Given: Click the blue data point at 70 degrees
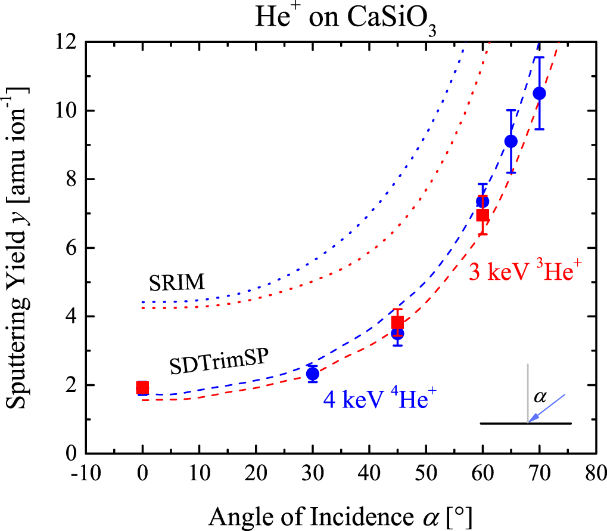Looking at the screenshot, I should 540,93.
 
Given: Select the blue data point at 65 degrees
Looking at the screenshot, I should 511,141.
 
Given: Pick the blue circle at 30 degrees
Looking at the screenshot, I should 313,374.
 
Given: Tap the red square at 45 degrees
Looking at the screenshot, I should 397,323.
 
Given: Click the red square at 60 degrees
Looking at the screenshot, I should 483,215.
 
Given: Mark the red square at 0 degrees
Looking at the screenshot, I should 142,388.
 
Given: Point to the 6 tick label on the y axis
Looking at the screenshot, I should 71,248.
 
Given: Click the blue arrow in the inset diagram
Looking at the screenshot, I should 546,409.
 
